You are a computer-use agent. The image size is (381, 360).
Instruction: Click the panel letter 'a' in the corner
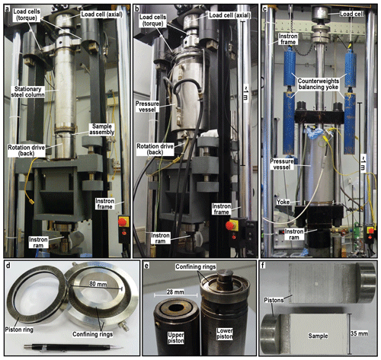[8, 10]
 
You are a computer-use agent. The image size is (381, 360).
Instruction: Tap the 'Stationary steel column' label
[28, 92]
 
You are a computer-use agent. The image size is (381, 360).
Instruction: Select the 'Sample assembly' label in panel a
[102, 129]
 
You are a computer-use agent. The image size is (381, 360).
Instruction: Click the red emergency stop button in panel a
[123, 222]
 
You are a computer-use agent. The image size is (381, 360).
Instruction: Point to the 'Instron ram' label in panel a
[38, 242]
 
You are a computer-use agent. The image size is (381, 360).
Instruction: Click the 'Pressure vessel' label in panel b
[147, 107]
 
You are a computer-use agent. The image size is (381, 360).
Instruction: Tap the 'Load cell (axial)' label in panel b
[229, 15]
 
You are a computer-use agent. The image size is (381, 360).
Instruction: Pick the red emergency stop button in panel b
[230, 225]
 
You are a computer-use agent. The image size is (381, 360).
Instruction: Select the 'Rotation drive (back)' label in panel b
[155, 149]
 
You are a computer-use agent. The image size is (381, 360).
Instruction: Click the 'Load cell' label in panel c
[352, 14]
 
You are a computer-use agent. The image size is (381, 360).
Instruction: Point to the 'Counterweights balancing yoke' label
[319, 84]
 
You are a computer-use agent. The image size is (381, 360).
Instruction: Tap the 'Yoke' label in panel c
[283, 202]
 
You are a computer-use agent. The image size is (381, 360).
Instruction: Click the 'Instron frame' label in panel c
[288, 39]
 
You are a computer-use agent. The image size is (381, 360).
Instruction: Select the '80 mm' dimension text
[98, 284]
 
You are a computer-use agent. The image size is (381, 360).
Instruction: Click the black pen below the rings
[74, 347]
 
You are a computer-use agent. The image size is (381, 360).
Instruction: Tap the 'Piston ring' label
[19, 330]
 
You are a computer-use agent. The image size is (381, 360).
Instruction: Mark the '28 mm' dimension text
[175, 292]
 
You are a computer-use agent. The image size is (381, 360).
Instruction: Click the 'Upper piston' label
[176, 338]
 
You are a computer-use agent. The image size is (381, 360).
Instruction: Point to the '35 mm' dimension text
[359, 333]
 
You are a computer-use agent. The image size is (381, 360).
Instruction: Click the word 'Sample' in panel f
[318, 336]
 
